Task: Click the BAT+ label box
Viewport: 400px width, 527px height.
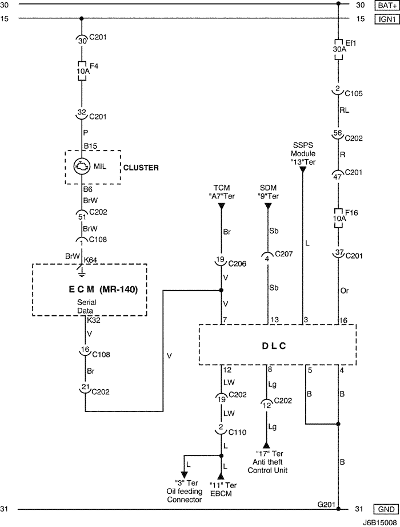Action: click(384, 6)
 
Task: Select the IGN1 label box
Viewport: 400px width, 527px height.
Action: click(384, 18)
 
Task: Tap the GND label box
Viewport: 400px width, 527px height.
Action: click(384, 509)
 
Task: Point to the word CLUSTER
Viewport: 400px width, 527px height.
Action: click(142, 168)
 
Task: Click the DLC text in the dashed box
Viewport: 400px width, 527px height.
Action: click(274, 346)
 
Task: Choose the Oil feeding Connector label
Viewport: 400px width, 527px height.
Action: click(185, 492)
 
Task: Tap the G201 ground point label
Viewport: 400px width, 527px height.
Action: click(326, 504)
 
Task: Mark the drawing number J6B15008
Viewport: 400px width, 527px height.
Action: click(378, 522)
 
